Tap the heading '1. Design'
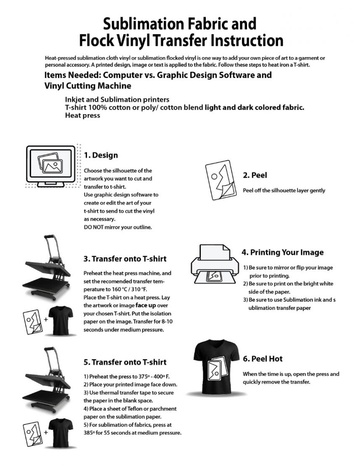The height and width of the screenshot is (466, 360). click(x=101, y=155)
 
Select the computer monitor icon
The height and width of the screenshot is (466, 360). click(x=51, y=165)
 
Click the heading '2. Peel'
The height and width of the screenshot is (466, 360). click(x=255, y=175)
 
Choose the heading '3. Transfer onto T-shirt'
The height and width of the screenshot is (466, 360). click(x=125, y=259)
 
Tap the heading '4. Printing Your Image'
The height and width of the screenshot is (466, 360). click(x=282, y=252)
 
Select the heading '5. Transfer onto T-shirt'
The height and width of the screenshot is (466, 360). click(x=125, y=362)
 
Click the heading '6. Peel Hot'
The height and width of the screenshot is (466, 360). click(x=263, y=359)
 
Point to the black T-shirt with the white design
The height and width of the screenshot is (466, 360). click(x=217, y=368)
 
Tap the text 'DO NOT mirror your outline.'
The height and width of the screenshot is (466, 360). click(x=118, y=227)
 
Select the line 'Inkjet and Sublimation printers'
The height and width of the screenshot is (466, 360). click(x=117, y=100)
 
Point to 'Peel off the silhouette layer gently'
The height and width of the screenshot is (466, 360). click(x=284, y=190)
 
